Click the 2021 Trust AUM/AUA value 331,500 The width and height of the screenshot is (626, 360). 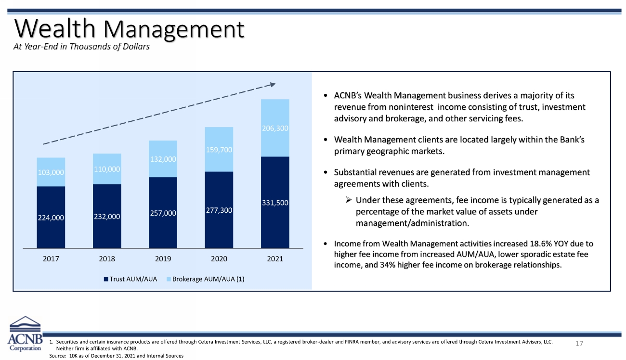(275, 203)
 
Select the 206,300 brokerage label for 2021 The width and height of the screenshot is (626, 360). (275, 128)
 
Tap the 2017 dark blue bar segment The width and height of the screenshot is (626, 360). (51, 217)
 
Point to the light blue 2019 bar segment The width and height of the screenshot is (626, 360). (163, 159)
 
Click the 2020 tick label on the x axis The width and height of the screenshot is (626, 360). (219, 259)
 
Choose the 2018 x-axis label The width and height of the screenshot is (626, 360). (107, 259)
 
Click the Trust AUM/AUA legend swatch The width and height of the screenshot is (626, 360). (106, 279)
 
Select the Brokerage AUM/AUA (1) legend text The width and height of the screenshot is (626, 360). (208, 279)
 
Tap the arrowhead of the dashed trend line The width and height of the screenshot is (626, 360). (273, 84)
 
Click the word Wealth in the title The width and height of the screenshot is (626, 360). (55, 28)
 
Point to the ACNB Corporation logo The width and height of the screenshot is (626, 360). (25, 333)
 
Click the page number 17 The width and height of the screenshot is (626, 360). (579, 344)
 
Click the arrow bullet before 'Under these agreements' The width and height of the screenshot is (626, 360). (348, 200)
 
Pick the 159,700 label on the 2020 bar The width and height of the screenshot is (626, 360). (219, 150)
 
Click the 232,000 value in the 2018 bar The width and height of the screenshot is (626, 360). (107, 217)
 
